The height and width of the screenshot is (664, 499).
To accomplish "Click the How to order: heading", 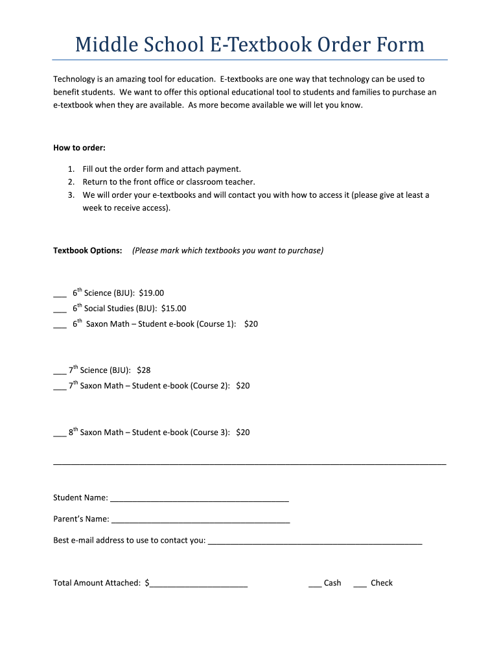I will (79, 148).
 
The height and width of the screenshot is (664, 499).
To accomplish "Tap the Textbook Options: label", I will (87, 250).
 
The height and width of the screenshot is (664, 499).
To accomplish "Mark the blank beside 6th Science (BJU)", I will (60, 294).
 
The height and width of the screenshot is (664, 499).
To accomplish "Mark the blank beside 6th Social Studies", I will (60, 309).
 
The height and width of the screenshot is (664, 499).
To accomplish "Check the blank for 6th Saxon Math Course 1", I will (60, 325).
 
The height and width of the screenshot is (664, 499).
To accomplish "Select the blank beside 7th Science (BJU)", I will (59, 371).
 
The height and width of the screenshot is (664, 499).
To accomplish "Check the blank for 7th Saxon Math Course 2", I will (59, 386).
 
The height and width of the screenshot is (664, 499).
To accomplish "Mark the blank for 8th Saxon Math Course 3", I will (59, 433).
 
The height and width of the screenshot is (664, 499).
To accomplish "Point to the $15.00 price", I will (173, 309).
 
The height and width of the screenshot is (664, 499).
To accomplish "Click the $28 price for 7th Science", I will (143, 370).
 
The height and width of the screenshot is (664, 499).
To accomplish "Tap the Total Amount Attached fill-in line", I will (198, 584).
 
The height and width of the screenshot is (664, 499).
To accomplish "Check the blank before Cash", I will (315, 584).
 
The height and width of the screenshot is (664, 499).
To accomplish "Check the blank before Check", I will (360, 584).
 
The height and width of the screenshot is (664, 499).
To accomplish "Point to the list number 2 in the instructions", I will (70, 182).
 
